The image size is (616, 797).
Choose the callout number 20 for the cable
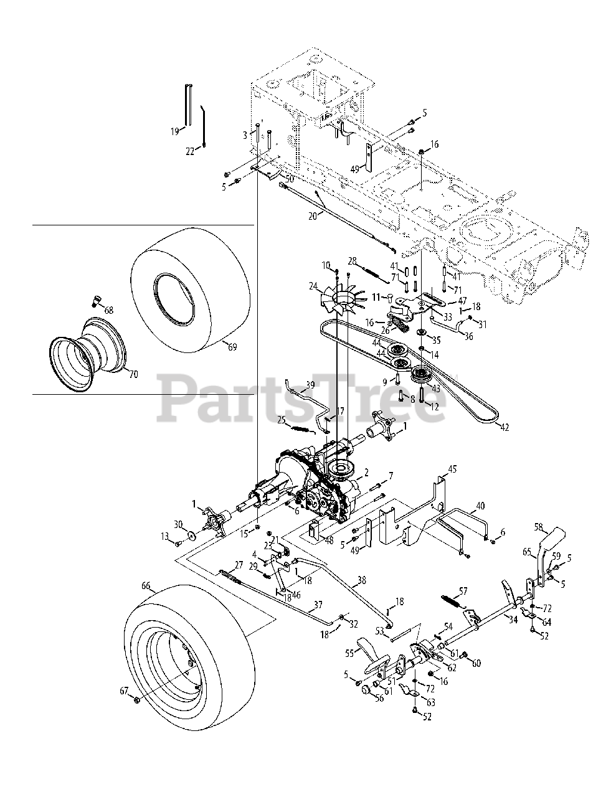point(313,215)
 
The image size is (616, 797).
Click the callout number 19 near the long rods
point(174,131)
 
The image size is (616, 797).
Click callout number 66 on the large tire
point(146,585)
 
